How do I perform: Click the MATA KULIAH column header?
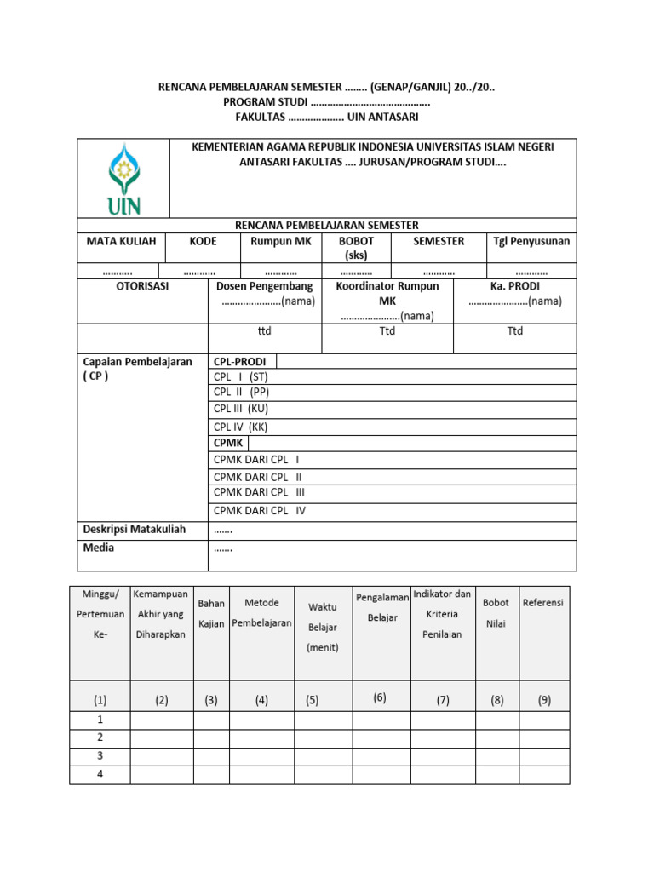pyautogui.click(x=121, y=241)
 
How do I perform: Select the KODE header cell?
pyautogui.click(x=203, y=241)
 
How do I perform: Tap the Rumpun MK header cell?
pyautogui.click(x=281, y=241)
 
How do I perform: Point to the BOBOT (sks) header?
pyautogui.click(x=356, y=248)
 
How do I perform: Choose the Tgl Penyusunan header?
pyautogui.click(x=531, y=241)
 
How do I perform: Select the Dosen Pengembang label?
pyautogui.click(x=264, y=286)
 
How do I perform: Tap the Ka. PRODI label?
pyautogui.click(x=514, y=286)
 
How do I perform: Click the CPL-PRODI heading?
pyautogui.click(x=240, y=361)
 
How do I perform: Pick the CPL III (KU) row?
pyautogui.click(x=241, y=409)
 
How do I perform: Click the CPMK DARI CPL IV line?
pyautogui.click(x=259, y=511)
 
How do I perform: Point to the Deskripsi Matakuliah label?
pyautogui.click(x=134, y=529)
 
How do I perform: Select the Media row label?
pyautogui.click(x=98, y=548)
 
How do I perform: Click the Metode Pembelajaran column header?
pyautogui.click(x=261, y=613)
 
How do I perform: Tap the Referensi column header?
pyautogui.click(x=543, y=602)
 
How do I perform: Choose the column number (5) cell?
pyautogui.click(x=313, y=700)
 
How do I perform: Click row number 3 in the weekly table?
pyautogui.click(x=100, y=755)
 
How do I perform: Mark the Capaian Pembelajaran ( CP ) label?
pyautogui.click(x=137, y=369)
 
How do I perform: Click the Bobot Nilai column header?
pyautogui.click(x=496, y=612)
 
